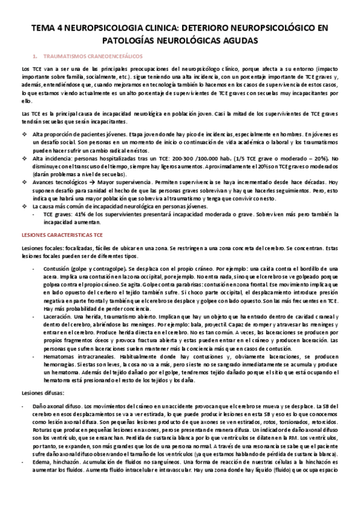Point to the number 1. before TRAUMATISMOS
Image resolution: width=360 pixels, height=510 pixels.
pyautogui.click(x=36, y=54)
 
